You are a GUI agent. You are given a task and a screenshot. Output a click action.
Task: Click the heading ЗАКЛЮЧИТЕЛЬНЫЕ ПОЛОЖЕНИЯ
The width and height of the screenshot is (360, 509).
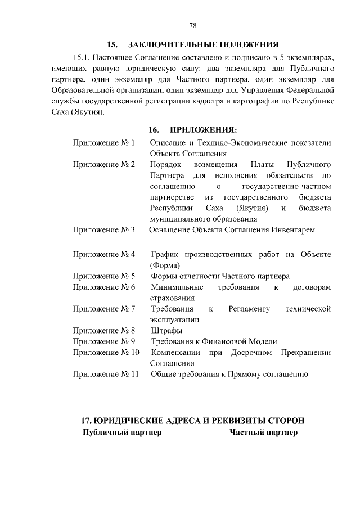tap(204, 44)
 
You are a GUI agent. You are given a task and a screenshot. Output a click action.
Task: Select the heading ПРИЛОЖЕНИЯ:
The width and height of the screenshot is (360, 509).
tap(205, 130)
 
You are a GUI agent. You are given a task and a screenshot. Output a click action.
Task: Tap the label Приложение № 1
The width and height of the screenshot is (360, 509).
tap(104, 143)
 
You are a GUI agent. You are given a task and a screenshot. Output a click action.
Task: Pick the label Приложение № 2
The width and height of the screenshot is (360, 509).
tap(104, 165)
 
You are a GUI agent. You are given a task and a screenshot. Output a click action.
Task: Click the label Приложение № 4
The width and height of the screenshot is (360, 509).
tap(104, 255)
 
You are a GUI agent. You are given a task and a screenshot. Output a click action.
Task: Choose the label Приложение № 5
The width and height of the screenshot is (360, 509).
tap(104, 277)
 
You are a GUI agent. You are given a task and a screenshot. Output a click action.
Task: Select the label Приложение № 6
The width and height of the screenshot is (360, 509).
tap(104, 287)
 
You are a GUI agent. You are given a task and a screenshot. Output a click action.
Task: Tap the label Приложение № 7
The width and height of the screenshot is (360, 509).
tap(104, 309)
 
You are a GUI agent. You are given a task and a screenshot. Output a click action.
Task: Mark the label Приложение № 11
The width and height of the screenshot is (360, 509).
tap(106, 374)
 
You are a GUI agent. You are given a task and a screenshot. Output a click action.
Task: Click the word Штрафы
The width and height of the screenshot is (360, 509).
tap(166, 331)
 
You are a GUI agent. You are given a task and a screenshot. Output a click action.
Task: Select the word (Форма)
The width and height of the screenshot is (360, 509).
tap(165, 265)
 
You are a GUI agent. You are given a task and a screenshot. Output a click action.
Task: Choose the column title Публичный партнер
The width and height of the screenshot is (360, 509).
tap(122, 433)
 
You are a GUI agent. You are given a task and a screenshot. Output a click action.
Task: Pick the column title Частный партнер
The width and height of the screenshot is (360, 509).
tap(263, 433)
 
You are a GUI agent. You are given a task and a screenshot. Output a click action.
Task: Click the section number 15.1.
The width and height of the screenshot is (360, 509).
tap(82, 57)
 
